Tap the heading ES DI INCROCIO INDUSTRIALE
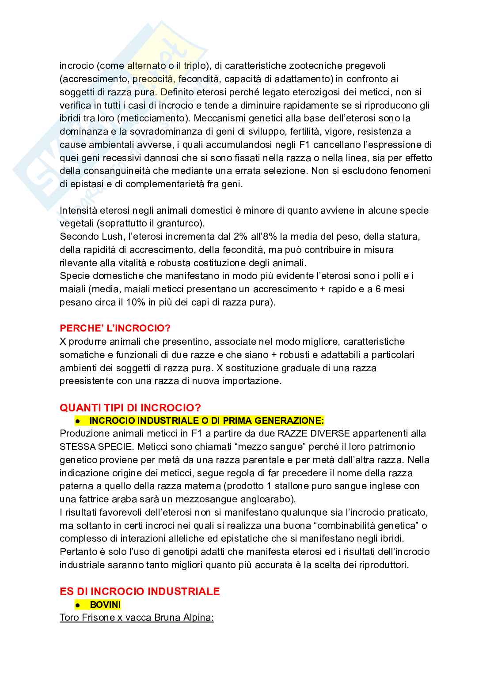coord(140,591)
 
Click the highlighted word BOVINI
coord(105,604)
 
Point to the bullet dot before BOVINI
coord(76,605)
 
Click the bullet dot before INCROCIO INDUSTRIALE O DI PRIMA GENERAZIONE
coord(76,421)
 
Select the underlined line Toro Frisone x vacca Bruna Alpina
coord(137,617)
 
